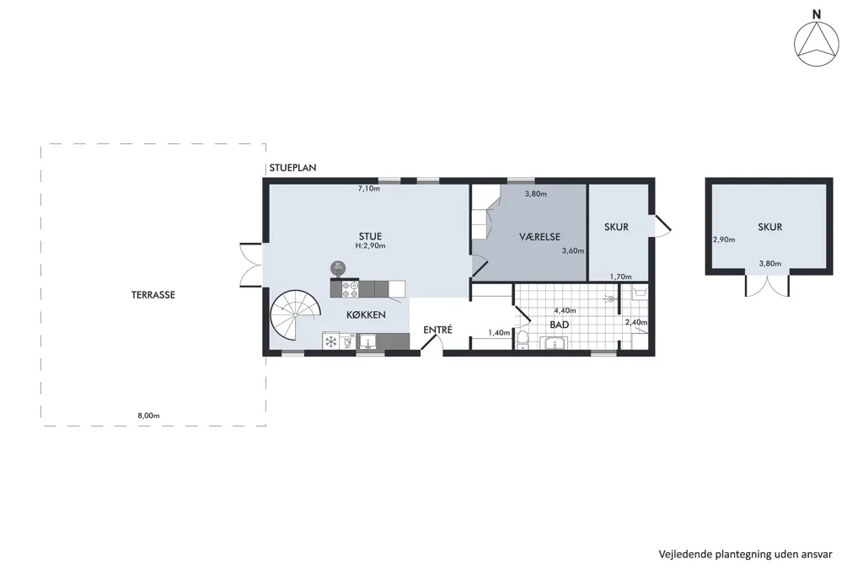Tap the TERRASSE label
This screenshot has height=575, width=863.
(153, 294)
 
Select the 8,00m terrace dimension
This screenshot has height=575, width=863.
(148, 416)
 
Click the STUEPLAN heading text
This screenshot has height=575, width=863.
(292, 168)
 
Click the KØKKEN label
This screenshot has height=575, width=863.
(366, 315)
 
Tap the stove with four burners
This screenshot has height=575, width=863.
(351, 289)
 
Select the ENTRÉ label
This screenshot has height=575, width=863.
(437, 330)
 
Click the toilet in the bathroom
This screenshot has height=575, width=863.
(523, 341)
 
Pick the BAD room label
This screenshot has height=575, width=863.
(560, 325)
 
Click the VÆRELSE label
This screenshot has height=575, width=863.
(540, 237)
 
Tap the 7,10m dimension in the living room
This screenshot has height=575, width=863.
(369, 188)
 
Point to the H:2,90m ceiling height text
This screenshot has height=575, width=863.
(371, 245)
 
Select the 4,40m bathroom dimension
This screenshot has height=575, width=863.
(565, 310)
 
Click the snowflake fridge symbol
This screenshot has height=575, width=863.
(330, 342)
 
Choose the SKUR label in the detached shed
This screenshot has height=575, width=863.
(769, 227)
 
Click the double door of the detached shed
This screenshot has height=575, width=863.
(767, 284)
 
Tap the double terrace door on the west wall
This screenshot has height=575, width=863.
(251, 265)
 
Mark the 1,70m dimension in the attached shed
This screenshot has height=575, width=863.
(621, 277)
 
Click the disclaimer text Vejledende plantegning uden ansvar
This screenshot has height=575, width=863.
(746, 555)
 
